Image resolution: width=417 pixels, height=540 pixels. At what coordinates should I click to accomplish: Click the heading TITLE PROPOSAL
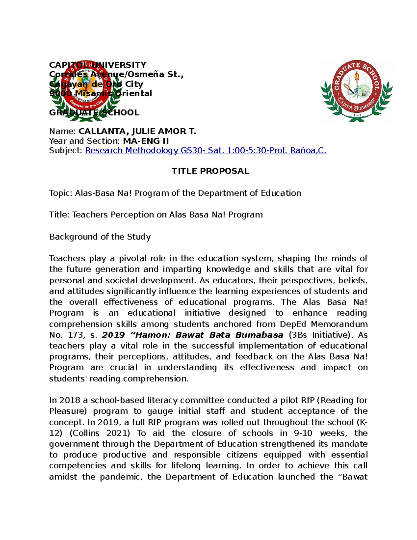[210, 171]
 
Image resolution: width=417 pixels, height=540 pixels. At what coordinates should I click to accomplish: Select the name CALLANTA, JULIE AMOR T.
[137, 131]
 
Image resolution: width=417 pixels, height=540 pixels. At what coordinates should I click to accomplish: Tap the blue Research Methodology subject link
[206, 151]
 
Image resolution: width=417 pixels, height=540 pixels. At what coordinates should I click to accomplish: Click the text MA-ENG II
[146, 141]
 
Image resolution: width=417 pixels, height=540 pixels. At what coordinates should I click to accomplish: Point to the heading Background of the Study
[100, 237]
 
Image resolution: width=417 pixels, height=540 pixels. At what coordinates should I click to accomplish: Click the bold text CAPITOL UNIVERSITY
[98, 65]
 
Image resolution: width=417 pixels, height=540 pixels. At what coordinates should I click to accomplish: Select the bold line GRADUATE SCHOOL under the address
[94, 113]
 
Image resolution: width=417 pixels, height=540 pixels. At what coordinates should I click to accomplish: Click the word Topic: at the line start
[61, 193]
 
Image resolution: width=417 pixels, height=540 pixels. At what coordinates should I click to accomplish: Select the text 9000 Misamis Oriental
[101, 94]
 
